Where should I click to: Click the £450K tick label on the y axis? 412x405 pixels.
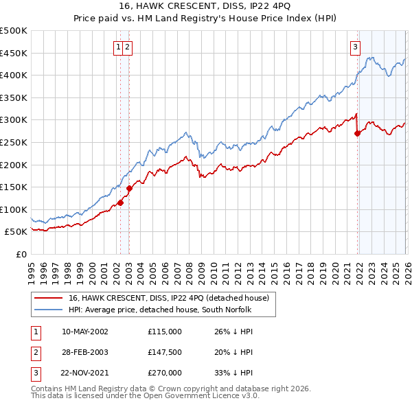coord(14,53)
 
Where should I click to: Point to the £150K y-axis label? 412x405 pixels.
coord(14,187)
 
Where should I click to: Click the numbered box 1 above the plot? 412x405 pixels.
coord(119,47)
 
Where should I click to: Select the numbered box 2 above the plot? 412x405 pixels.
coord(128,47)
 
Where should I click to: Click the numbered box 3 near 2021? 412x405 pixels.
coord(355,47)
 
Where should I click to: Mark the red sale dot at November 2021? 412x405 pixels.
coord(357,134)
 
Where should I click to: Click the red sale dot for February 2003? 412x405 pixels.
coord(129,188)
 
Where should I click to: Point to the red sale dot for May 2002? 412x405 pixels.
coord(120,202)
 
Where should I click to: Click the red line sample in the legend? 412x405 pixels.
coord(49,298)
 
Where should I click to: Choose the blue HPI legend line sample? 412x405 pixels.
coord(49,309)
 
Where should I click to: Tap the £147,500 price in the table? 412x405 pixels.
coord(165,352)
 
